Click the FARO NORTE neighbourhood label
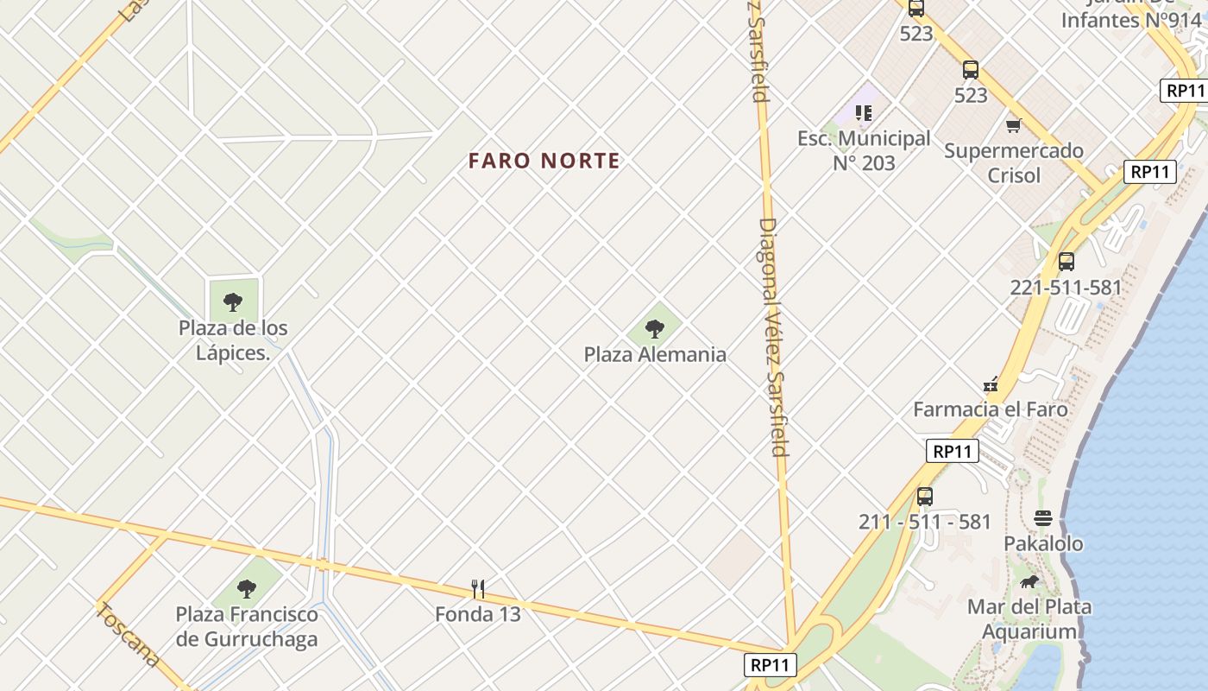tap(544, 161)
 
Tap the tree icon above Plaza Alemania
tap(655, 328)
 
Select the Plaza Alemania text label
tap(655, 354)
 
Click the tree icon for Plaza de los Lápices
tap(232, 302)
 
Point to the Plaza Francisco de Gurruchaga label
tap(247, 627)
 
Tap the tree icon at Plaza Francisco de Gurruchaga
tap(247, 589)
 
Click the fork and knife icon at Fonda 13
tap(478, 589)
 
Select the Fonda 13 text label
tap(478, 614)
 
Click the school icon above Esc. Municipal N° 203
tap(864, 112)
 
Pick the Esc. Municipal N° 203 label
tap(864, 150)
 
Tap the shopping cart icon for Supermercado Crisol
tap(1014, 126)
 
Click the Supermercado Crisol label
tap(1014, 163)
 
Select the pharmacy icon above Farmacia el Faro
tap(991, 384)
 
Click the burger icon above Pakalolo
tap(1043, 518)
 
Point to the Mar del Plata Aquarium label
tap(1029, 619)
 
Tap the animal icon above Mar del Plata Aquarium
tap(1029, 581)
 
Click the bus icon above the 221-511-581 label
tap(1066, 262)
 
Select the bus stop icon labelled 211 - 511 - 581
tap(925, 497)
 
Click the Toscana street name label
tap(128, 635)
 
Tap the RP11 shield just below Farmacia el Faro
tap(953, 451)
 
